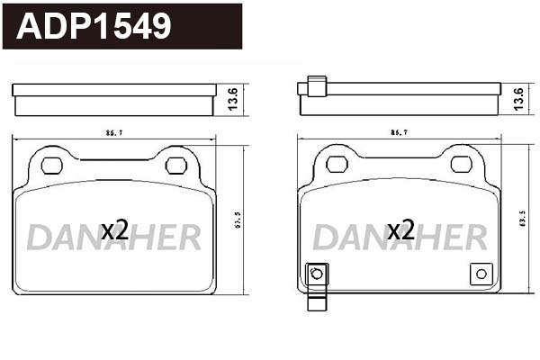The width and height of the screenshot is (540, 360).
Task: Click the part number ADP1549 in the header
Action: [94, 26]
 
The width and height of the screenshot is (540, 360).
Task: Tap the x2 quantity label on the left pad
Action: [114, 230]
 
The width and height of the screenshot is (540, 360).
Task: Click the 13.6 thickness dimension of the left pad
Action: [233, 99]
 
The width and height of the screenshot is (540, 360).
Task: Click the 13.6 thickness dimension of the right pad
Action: [518, 99]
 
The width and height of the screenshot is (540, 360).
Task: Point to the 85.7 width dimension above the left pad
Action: [113, 133]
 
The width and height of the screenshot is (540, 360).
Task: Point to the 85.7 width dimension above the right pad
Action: [399, 133]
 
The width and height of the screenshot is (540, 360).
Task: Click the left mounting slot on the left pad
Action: [52, 165]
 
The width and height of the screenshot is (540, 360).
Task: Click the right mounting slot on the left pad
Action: [176, 165]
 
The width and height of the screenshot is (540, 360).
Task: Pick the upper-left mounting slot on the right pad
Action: [337, 164]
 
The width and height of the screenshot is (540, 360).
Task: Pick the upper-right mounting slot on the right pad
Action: [461, 164]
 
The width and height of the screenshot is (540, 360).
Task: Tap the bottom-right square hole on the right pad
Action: [480, 274]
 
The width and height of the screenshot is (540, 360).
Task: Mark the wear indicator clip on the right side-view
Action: [315, 86]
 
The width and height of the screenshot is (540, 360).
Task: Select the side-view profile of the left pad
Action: [113, 99]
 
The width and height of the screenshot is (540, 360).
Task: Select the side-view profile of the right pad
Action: [399, 100]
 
